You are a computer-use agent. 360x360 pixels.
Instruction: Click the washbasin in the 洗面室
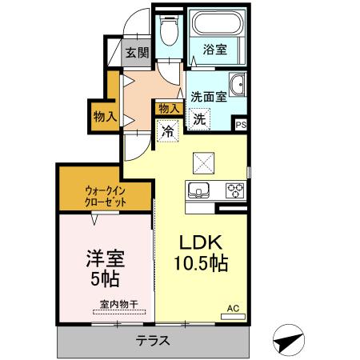pyautogui.click(x=237, y=85)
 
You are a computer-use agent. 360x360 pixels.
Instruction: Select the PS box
pyautogui.click(x=240, y=123)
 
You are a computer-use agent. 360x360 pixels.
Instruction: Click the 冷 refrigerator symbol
pyautogui.click(x=168, y=130)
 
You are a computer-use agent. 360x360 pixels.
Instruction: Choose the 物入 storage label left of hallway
pyautogui.click(x=105, y=116)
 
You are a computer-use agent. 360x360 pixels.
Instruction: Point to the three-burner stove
pyautogui.click(x=235, y=190)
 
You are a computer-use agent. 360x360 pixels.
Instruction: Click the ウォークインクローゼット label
pyautogui.click(x=106, y=196)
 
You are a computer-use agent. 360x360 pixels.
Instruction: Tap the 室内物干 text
pyautogui.click(x=118, y=303)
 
